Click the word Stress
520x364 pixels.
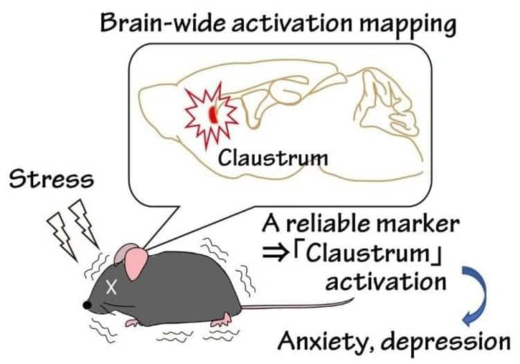[x=51, y=180]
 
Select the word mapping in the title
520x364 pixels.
[x=408, y=24]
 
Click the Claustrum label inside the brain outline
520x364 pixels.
[x=273, y=157]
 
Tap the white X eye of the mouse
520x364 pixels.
[x=111, y=286]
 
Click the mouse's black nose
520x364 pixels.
[x=87, y=305]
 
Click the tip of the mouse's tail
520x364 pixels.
[x=353, y=299]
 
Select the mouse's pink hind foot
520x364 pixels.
[x=222, y=320]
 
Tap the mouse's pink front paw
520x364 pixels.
[x=134, y=322]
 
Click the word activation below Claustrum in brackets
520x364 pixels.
[x=386, y=282]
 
